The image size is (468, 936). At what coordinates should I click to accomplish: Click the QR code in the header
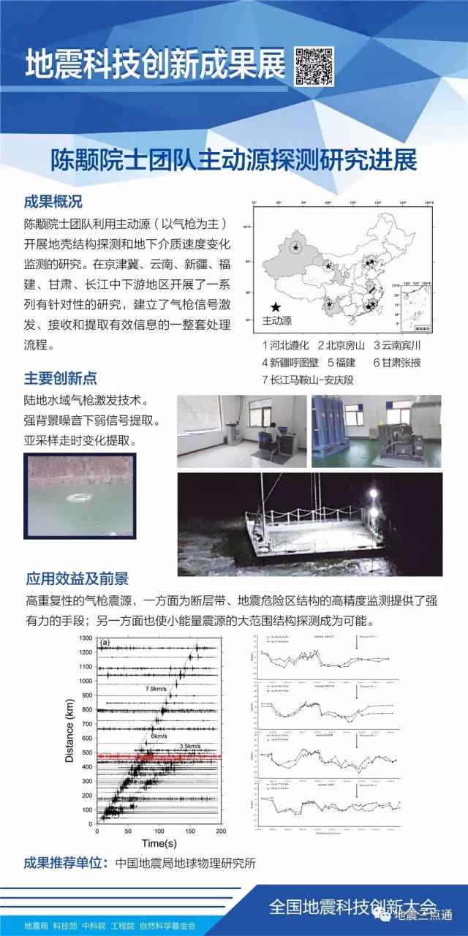click(x=314, y=67)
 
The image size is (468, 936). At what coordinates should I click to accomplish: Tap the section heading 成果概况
click(x=53, y=202)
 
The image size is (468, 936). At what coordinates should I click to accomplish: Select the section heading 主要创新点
click(x=60, y=378)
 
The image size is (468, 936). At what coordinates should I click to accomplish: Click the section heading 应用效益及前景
click(x=76, y=579)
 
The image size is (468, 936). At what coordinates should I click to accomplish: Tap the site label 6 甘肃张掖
click(x=396, y=362)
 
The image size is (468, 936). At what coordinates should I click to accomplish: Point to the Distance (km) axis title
click(x=69, y=731)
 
